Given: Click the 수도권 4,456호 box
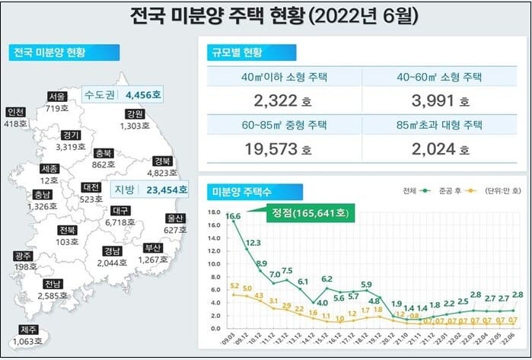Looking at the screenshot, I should pyautogui.click(x=123, y=96).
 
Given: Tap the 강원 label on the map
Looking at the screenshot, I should pyautogui.click(x=135, y=114).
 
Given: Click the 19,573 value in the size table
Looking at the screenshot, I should pyautogui.click(x=272, y=149).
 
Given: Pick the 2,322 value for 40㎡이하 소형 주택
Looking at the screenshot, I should pyautogui.click(x=272, y=100).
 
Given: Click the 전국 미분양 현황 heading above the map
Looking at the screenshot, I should pyautogui.click(x=50, y=53).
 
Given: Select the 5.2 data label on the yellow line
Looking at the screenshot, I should pyautogui.click(x=234, y=285).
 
